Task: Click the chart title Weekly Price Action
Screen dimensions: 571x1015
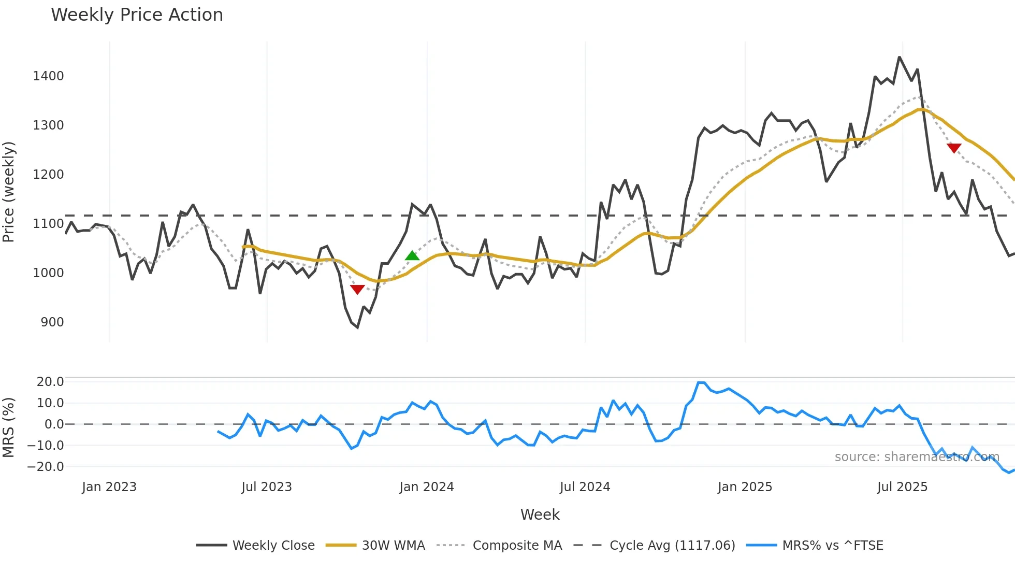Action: [137, 15]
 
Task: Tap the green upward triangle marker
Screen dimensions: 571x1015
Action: [412, 255]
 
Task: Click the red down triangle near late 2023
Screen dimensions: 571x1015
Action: [357, 289]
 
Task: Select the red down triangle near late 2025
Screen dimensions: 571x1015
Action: [954, 148]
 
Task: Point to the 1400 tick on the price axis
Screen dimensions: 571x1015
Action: [48, 76]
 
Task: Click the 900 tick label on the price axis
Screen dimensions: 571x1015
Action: [52, 322]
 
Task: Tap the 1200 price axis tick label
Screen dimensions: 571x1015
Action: [48, 175]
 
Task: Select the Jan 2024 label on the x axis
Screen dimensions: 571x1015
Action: [426, 487]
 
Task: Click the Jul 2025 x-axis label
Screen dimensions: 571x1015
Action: [902, 487]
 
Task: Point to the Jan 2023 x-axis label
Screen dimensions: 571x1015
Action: [109, 487]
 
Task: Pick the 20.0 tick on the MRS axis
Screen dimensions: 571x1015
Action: [50, 382]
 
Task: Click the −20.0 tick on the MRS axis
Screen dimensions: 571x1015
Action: [46, 467]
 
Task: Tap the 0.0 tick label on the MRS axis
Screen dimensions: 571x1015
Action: [54, 424]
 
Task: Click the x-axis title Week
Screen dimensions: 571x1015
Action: [540, 515]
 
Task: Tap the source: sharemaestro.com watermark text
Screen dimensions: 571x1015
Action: [917, 457]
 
